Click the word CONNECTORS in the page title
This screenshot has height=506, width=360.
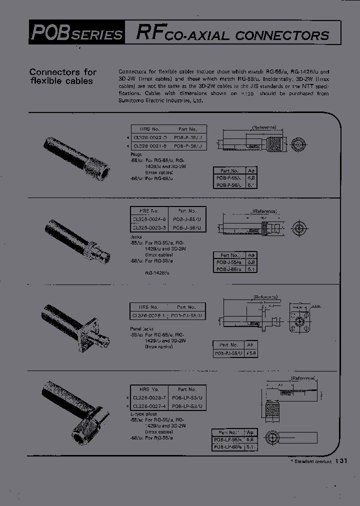point(282,35)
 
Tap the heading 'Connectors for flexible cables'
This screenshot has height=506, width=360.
point(63,76)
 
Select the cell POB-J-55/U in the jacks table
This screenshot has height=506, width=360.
point(186,219)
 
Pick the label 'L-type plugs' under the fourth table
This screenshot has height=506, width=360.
point(144,414)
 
